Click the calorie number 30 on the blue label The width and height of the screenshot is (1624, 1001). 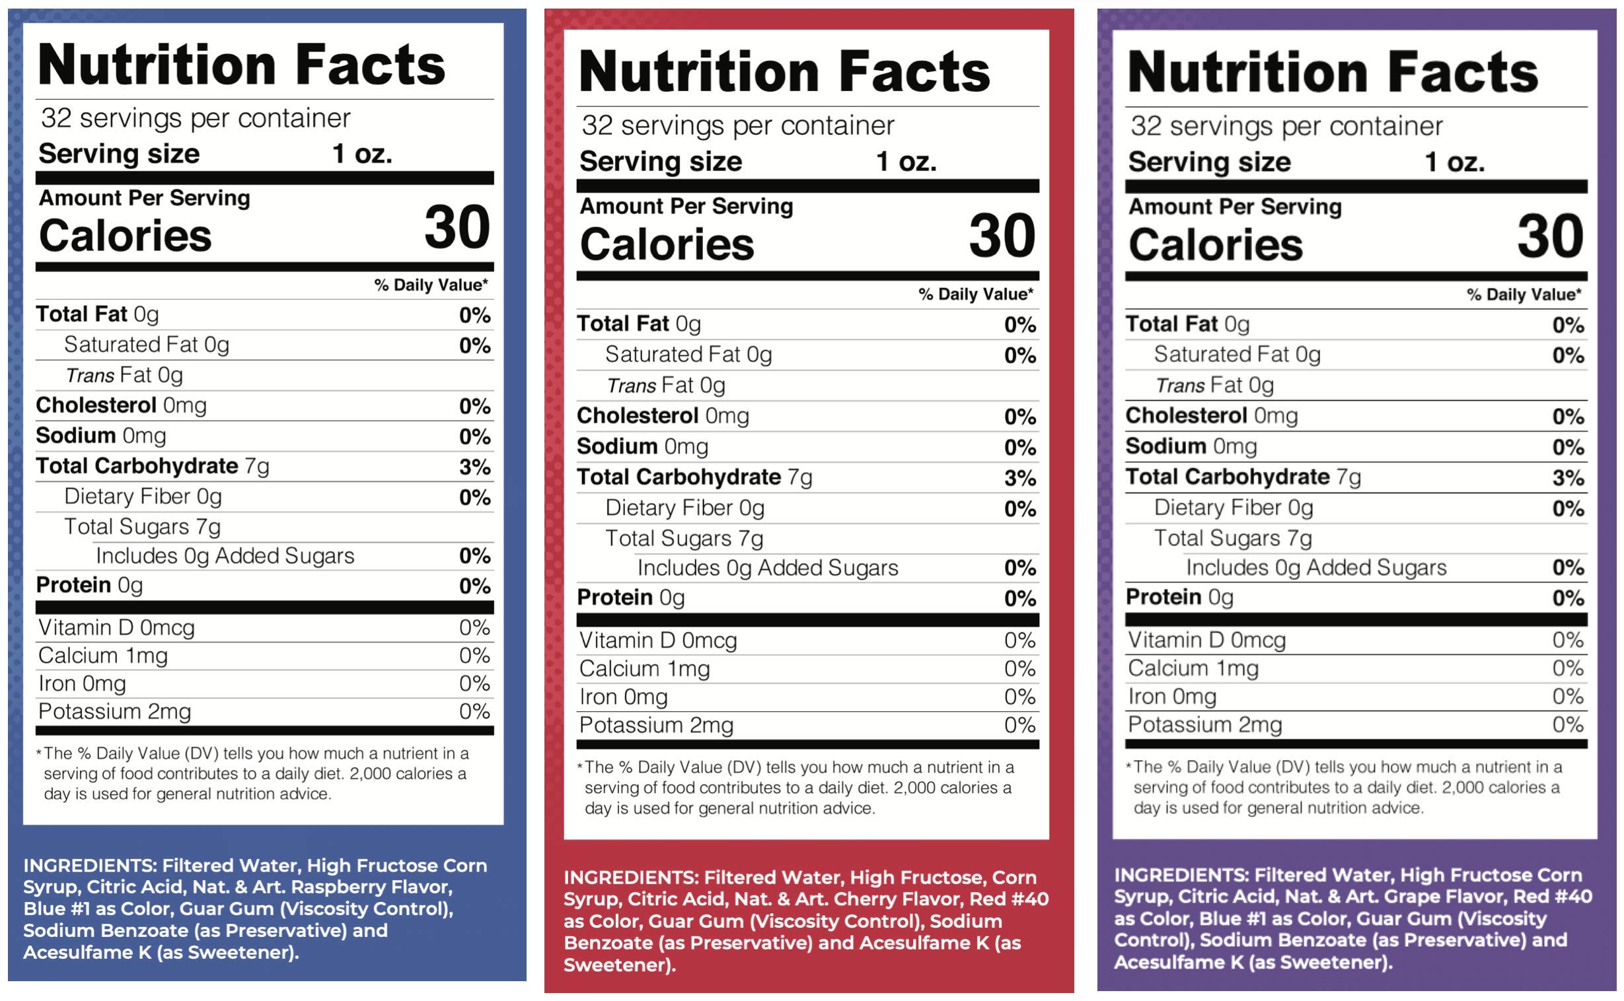click(457, 227)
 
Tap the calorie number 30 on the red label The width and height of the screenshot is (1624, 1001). click(1002, 236)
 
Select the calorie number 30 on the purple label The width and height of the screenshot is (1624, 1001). click(1551, 236)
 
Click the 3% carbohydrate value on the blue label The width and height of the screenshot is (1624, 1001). click(475, 467)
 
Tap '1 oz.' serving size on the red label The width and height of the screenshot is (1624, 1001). click(906, 162)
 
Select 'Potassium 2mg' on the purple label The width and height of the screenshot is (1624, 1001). click(1204, 724)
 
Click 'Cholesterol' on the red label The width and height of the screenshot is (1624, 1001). click(637, 416)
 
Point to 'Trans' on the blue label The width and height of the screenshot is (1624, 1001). click(90, 375)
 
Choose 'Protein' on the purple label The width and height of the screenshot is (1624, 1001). click(1163, 597)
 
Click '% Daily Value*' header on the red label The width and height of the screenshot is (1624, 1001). click(976, 294)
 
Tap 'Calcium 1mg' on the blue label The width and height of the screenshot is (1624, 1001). click(103, 656)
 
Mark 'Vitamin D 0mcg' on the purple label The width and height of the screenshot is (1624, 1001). click(1206, 640)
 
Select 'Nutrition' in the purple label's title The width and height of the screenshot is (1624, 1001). click(1247, 71)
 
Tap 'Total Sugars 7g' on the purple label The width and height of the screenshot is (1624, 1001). click(1233, 538)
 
